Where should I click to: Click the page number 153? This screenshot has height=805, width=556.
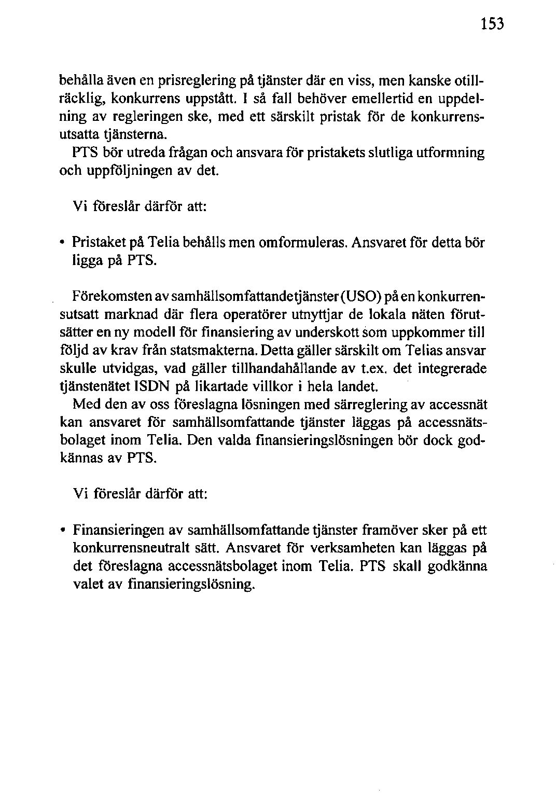(x=491, y=25)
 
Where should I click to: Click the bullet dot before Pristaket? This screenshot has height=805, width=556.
(x=62, y=242)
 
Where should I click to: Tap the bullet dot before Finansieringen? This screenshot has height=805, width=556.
(x=62, y=531)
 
